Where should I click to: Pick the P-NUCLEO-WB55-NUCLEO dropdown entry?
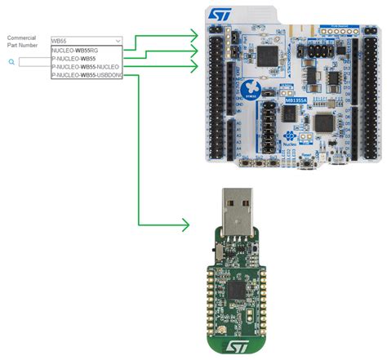(x=85, y=67)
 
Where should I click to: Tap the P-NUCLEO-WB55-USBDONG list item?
(x=90, y=75)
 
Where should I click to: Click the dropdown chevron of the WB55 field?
(x=118, y=40)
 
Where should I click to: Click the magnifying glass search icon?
(x=11, y=61)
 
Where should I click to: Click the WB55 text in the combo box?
(x=58, y=40)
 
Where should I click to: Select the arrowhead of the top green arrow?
(x=193, y=34)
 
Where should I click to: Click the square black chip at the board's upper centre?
(x=267, y=55)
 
